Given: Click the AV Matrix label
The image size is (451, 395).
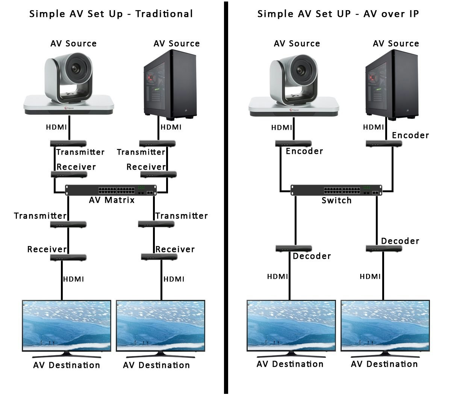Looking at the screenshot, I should tap(112, 200).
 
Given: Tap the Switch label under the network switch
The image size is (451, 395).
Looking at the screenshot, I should tap(336, 201).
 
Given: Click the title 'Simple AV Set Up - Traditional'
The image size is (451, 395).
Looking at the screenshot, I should tap(111, 14).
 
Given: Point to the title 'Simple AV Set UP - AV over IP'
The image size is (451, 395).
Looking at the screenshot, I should tap(338, 14).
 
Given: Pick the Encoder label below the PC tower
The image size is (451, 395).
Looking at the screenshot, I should tap(410, 135).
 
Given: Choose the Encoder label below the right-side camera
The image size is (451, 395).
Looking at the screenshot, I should tap(304, 151).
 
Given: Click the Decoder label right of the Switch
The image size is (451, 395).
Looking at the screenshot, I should tap(400, 241).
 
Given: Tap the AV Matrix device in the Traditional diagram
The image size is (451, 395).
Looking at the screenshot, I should tap(111, 190).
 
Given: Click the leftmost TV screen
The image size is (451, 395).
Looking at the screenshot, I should tap(67, 325).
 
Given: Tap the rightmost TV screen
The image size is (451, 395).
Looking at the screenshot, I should tap(385, 325).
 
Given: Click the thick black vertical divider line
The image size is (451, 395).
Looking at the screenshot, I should tap(226, 197).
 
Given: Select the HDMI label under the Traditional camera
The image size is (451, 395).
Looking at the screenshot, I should tap(56, 127).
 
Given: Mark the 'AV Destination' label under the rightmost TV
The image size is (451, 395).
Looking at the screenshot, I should tap(384, 364).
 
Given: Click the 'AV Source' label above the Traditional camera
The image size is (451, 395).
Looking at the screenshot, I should tap(73, 44).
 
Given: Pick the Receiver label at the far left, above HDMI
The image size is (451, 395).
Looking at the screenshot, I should tap(47, 249).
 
